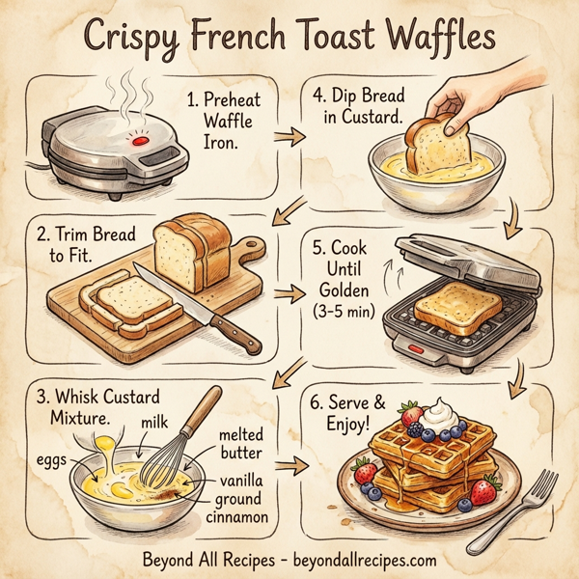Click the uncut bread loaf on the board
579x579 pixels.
click(x=197, y=252)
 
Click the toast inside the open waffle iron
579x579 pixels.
click(x=458, y=308)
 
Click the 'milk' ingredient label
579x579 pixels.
click(x=155, y=422)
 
